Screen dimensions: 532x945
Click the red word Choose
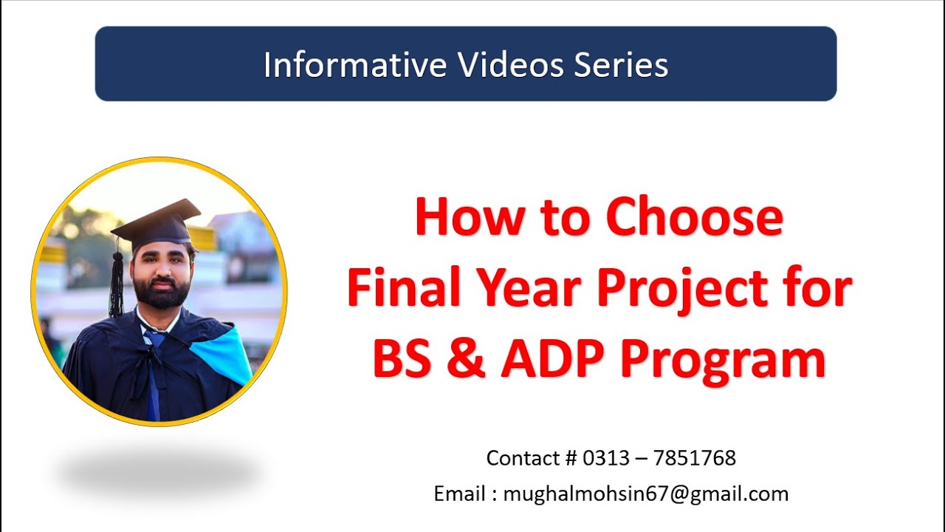[694, 219]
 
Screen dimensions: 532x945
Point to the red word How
[460, 219]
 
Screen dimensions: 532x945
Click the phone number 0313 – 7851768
[659, 458]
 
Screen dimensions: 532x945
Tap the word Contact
[523, 458]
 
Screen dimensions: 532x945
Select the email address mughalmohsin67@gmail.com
[645, 494]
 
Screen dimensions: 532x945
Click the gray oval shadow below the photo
[159, 473]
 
